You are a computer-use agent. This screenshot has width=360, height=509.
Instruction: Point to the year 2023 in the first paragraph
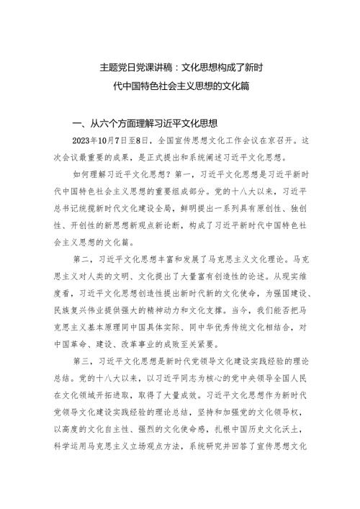(85, 141)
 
